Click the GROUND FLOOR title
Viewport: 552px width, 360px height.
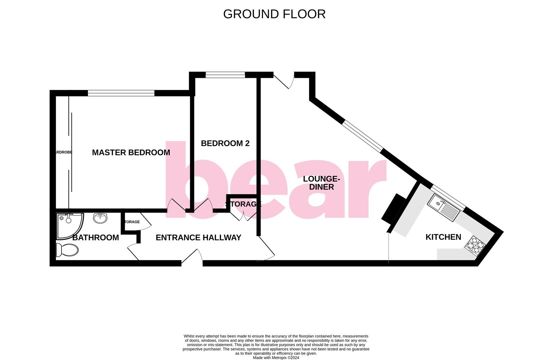[274, 14]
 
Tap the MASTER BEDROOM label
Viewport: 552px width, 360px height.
[131, 153]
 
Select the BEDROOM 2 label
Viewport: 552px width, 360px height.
[225, 143]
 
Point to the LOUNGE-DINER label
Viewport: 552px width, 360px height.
[321, 183]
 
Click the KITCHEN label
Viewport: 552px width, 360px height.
[443, 237]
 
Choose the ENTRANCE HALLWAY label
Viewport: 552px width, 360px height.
[198, 238]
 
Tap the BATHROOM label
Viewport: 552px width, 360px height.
[96, 238]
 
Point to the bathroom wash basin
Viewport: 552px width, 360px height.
[100, 218]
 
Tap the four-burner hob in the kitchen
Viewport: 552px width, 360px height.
[475, 246]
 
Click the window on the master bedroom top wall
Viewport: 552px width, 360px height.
[121, 93]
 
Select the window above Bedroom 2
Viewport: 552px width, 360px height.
[225, 75]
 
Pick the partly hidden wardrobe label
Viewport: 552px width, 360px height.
[63, 152]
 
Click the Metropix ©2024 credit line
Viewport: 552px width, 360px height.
[276, 358]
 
